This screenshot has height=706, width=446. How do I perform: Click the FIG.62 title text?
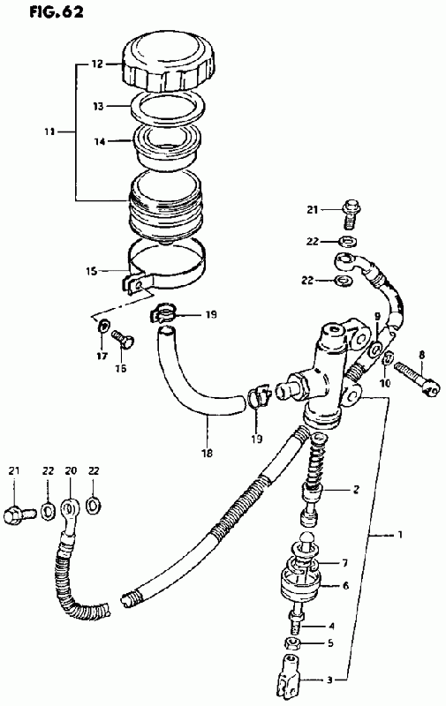click(x=57, y=11)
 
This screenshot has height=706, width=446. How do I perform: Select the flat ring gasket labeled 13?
click(x=169, y=107)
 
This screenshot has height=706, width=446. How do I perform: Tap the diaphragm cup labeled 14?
click(x=168, y=145)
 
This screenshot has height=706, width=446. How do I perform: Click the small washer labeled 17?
click(x=103, y=324)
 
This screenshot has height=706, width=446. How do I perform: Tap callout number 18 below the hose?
click(x=208, y=453)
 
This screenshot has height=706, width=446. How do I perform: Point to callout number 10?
click(x=385, y=383)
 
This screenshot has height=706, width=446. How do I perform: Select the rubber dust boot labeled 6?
click(x=300, y=582)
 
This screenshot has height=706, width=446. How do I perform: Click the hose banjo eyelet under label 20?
click(x=68, y=510)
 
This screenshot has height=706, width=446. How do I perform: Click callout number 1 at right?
click(x=399, y=535)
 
